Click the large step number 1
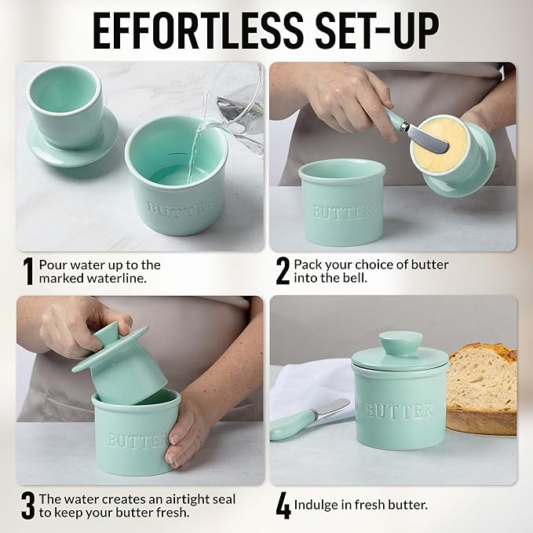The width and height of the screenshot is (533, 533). pyautogui.click(x=27, y=271)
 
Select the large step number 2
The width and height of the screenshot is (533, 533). pyautogui.click(x=283, y=271)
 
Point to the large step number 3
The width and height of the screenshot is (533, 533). pyautogui.click(x=27, y=506)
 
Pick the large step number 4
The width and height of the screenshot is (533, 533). pyautogui.click(x=283, y=506)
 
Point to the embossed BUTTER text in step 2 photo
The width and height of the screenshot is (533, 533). pyautogui.click(x=342, y=211)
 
